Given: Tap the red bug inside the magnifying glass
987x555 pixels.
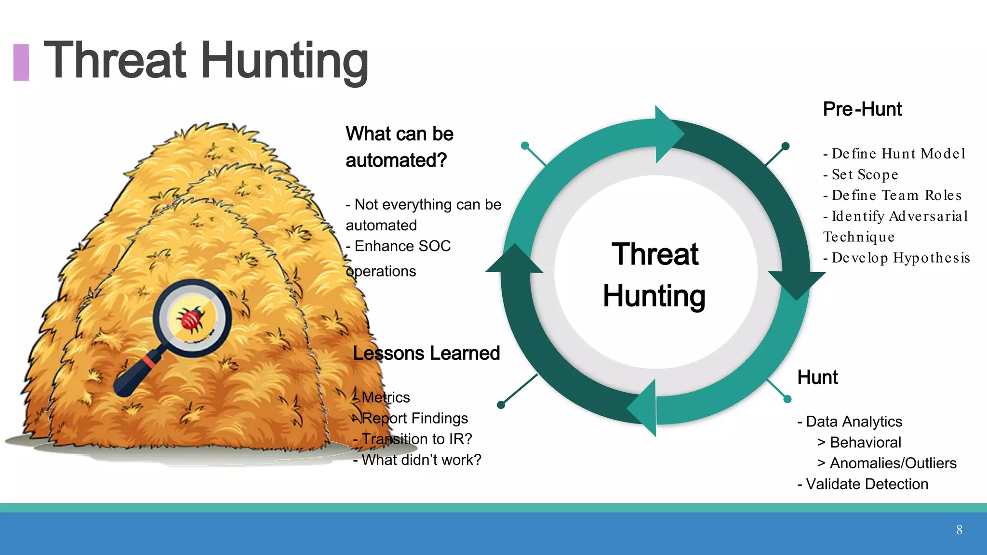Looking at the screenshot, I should tap(192, 318).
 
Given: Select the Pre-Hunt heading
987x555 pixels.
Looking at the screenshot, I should tap(862, 109).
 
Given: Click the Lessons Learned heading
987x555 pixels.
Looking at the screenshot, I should tap(426, 353).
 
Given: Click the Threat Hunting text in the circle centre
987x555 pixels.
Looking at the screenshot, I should tap(654, 275).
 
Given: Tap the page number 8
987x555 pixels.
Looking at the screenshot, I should tap(959, 530).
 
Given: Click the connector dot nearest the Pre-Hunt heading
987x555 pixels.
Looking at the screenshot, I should tap(785, 146).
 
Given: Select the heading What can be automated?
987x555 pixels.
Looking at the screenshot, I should tap(399, 147).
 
